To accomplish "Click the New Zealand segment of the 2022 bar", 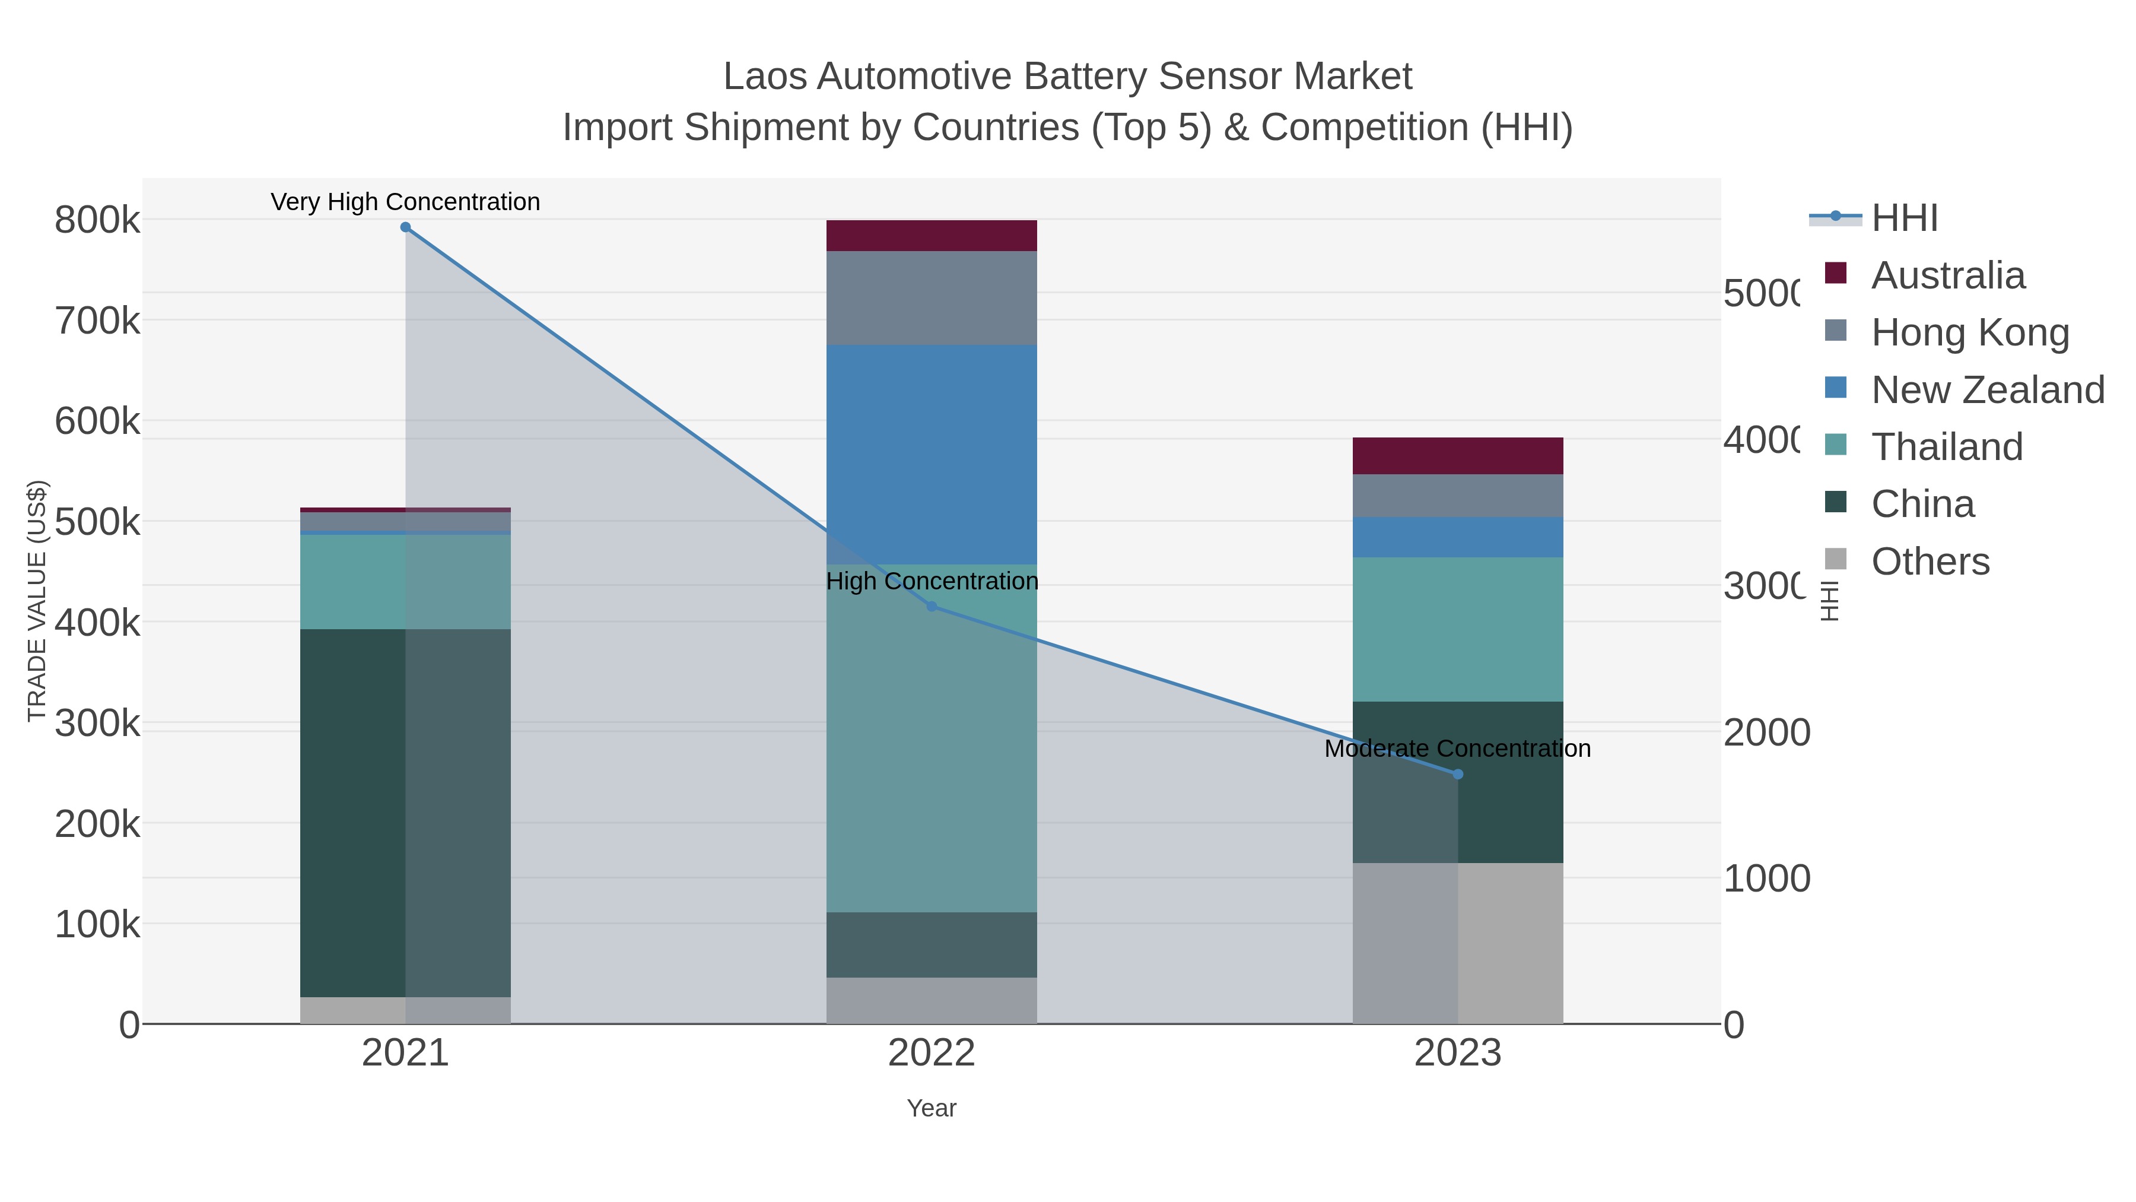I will [931, 455].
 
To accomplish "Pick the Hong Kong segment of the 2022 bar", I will [931, 298].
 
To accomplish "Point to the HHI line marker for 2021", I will [405, 227].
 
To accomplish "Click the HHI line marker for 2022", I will [931, 607].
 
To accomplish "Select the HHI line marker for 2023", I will [1458, 774].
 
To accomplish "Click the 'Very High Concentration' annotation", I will [405, 202].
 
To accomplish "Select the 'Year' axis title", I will [931, 1108].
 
